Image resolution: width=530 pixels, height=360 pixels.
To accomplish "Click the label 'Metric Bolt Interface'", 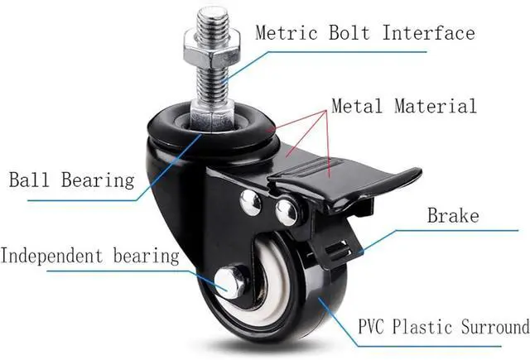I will tap(364, 33).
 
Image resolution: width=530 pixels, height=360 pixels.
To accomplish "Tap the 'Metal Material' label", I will tap(404, 106).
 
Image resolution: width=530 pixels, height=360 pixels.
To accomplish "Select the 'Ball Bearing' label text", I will tap(70, 180).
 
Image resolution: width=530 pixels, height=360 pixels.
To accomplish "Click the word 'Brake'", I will tap(453, 217).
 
